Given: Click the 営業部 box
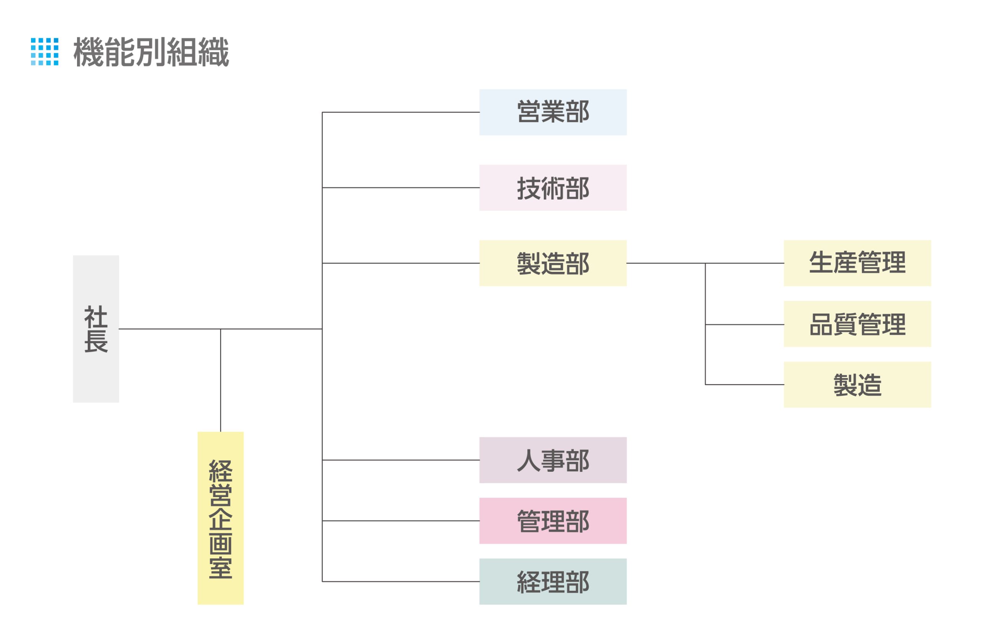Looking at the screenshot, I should (x=552, y=112).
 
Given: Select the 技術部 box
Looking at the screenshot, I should (x=552, y=188).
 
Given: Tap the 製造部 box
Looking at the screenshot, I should (x=552, y=263).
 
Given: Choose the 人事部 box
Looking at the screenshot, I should (x=552, y=460).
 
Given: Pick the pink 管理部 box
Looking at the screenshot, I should (x=552, y=521).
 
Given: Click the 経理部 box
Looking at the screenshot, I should (x=552, y=582).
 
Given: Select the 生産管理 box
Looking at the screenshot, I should (x=857, y=263).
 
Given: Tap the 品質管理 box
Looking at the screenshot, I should (x=857, y=324).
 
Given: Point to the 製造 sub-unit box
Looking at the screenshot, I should (x=857, y=385).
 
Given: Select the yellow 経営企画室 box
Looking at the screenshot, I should (x=220, y=518).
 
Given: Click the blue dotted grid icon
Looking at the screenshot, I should (x=44, y=51).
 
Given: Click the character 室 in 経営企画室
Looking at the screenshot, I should (x=220, y=568).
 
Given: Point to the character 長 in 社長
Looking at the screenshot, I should (x=96, y=341).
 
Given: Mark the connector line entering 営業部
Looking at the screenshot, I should (x=400, y=112).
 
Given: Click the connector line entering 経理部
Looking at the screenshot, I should (x=400, y=582).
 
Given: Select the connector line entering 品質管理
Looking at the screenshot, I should (x=744, y=325).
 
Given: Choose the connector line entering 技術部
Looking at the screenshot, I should (x=400, y=188).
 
